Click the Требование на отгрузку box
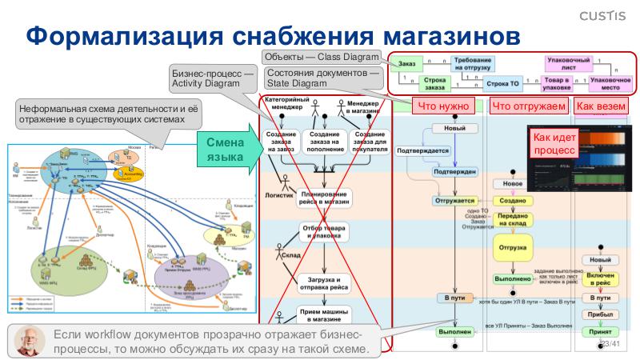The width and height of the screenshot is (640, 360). [472, 63]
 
